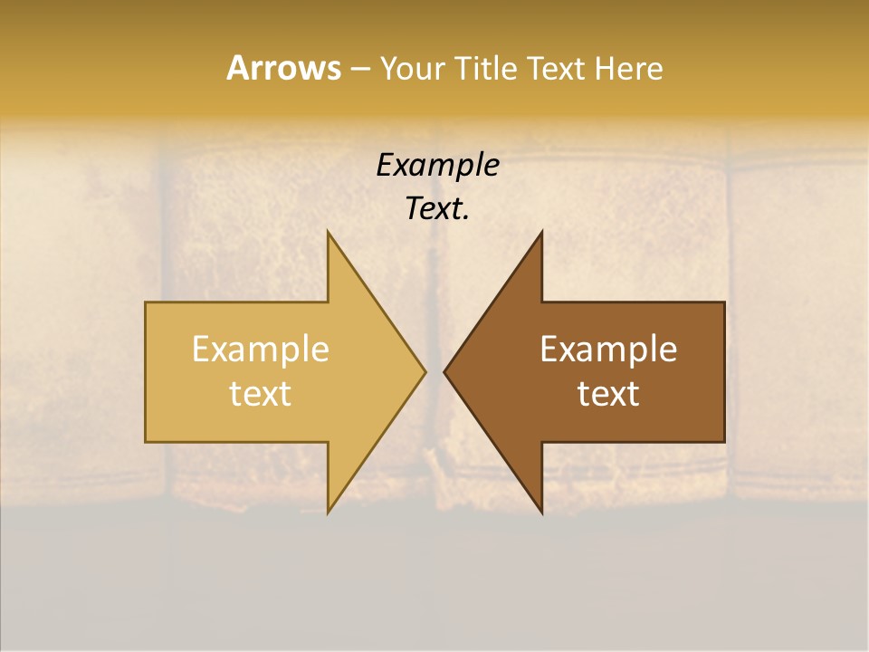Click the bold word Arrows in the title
coord(282,68)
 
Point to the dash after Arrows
coord(358,69)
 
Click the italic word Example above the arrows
coord(437,165)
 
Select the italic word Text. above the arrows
coord(437,208)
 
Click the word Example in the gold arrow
coord(260,350)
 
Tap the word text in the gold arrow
coord(260,393)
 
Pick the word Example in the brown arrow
coord(608,350)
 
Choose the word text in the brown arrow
coord(608,393)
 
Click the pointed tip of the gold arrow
coord(425,371)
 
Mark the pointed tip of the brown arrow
coord(444,371)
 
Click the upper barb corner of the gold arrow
coord(328,232)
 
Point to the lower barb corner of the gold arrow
coord(328,513)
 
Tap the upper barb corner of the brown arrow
coord(541,232)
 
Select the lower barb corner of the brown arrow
coord(541,513)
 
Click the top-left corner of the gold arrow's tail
coord(146,302)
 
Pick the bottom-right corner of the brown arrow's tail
coord(724,442)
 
